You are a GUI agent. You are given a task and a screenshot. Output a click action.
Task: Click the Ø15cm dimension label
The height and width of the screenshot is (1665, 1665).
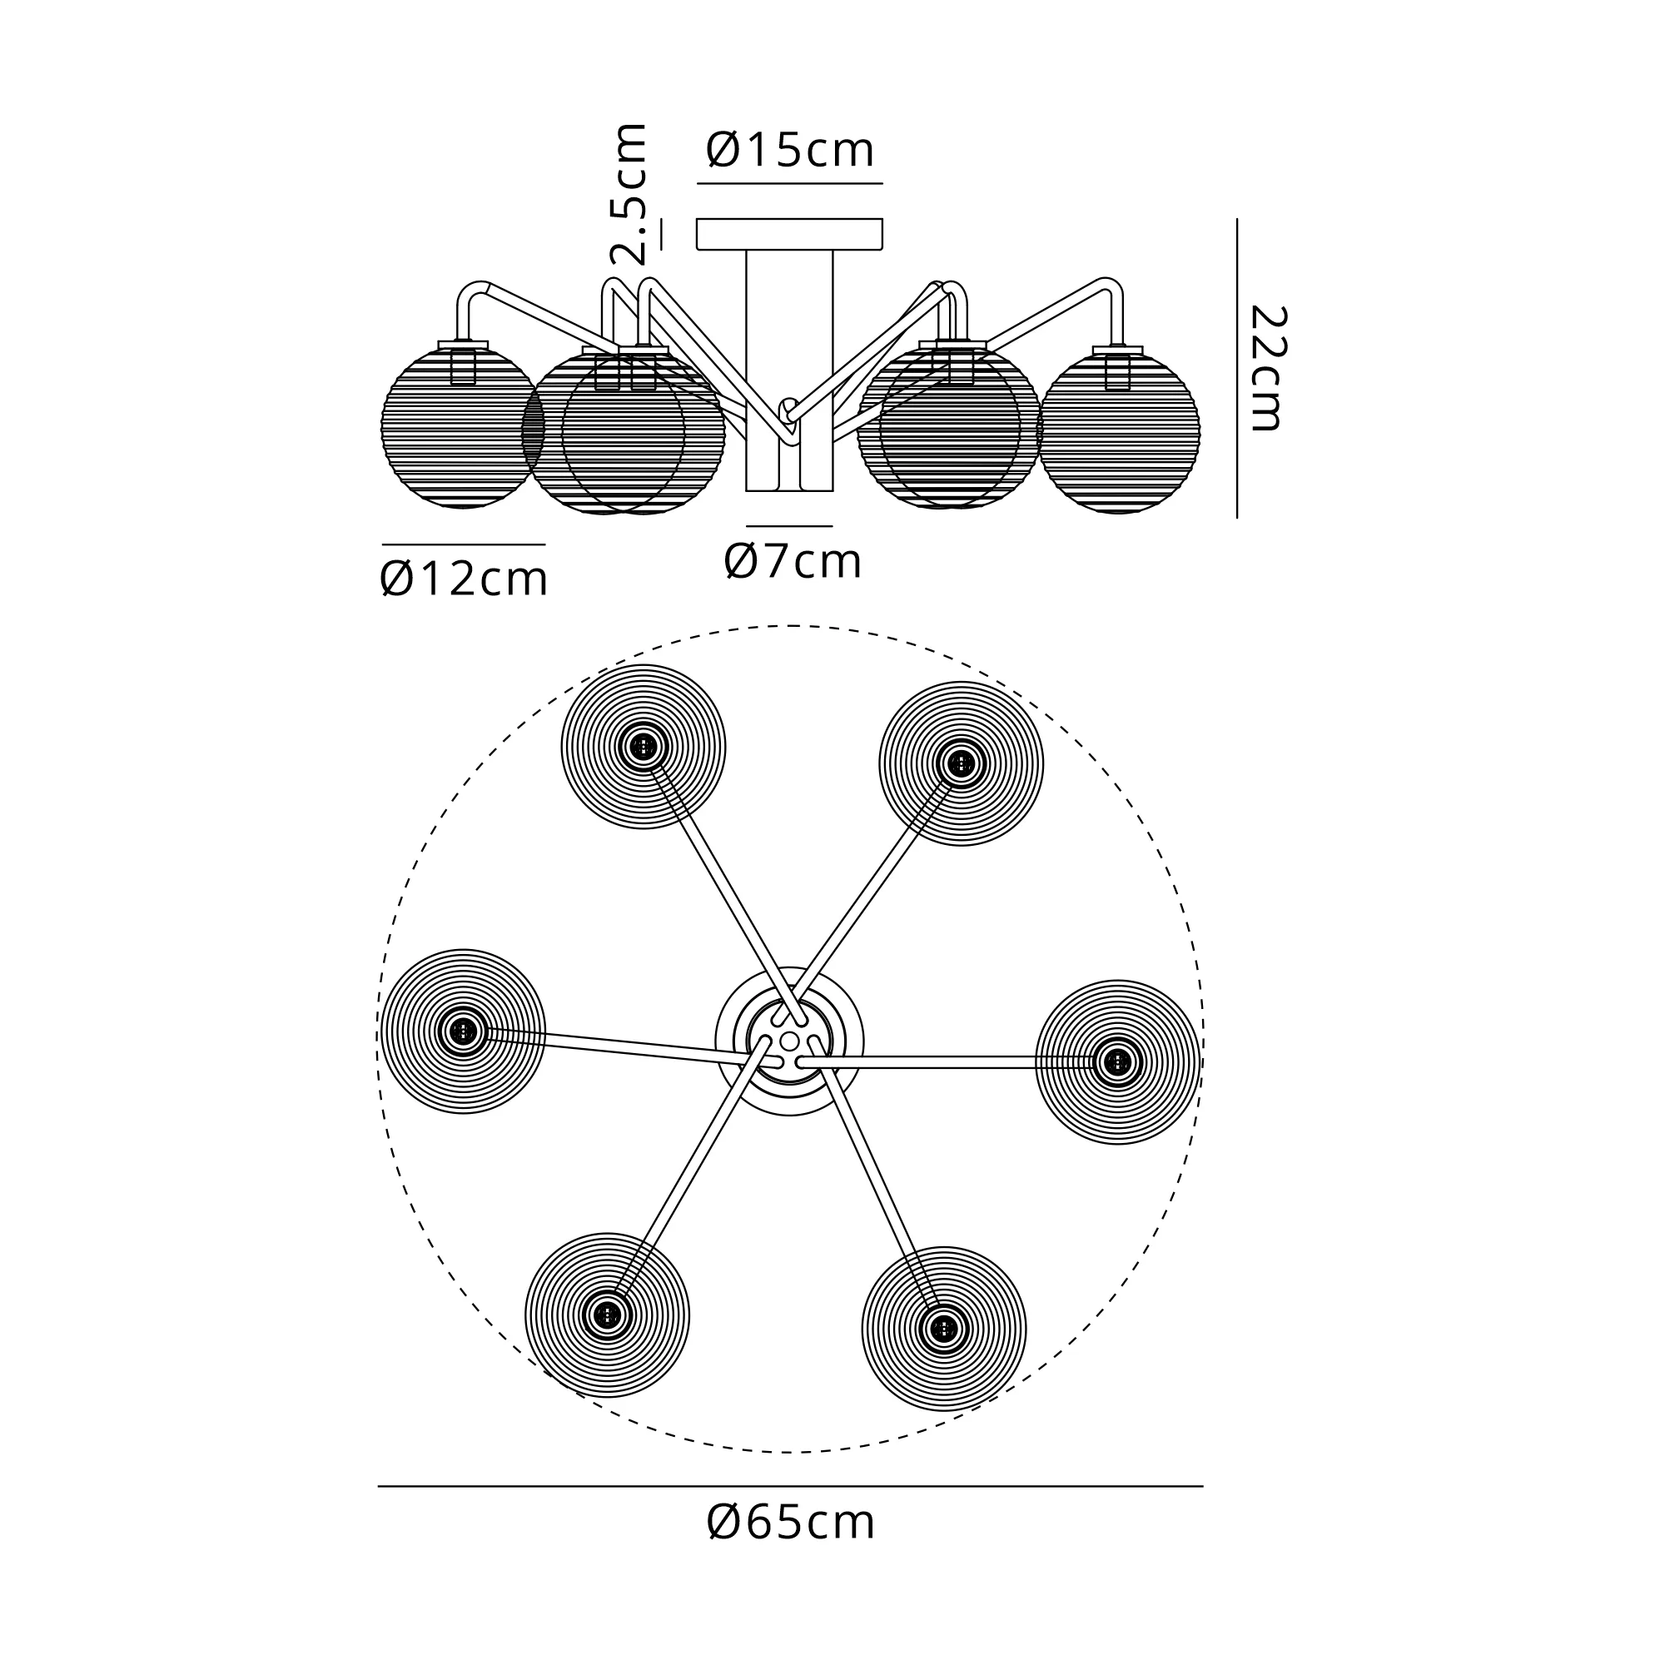[x=790, y=150]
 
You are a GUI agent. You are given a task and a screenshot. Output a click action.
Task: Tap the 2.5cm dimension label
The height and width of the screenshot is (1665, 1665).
[x=628, y=193]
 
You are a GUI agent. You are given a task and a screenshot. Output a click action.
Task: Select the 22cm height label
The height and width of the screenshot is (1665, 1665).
[x=1267, y=368]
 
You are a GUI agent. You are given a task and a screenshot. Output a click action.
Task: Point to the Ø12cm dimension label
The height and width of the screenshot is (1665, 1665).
[x=464, y=579]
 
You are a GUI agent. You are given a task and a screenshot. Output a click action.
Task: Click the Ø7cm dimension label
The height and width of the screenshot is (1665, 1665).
[x=793, y=561]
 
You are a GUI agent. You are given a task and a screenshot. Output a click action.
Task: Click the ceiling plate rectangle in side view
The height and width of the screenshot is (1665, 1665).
[x=789, y=235]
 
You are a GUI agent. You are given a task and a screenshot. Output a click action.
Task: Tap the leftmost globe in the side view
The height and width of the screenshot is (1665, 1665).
[x=463, y=428]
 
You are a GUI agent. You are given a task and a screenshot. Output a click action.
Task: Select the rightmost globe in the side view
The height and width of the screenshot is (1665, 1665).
[x=1119, y=431]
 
